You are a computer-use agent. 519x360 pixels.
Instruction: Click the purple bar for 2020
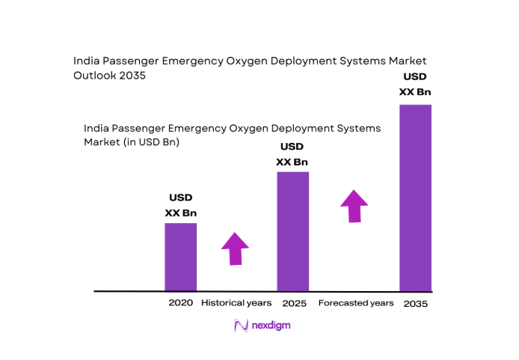[180, 257]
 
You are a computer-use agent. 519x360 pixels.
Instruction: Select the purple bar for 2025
[292, 231]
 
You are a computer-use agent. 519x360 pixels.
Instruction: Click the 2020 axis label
[181, 303]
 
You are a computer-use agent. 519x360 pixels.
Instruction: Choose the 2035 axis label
[416, 304]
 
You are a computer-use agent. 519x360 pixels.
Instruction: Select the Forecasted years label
[355, 303]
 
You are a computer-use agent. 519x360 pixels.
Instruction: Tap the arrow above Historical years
[235, 248]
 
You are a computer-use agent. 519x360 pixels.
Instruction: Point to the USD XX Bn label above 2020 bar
[180, 205]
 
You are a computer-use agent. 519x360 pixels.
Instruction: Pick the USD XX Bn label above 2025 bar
[292, 153]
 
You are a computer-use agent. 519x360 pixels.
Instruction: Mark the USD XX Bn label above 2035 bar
[415, 84]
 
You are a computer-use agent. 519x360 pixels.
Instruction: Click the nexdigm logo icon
[241, 326]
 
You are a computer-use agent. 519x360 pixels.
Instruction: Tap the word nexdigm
[271, 326]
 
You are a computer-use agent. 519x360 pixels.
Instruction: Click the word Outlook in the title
[95, 75]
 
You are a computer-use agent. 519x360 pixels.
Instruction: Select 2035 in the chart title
[130, 75]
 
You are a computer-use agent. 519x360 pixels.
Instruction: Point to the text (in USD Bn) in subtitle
[148, 141]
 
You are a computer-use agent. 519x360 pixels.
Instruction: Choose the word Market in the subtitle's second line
[101, 141]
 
